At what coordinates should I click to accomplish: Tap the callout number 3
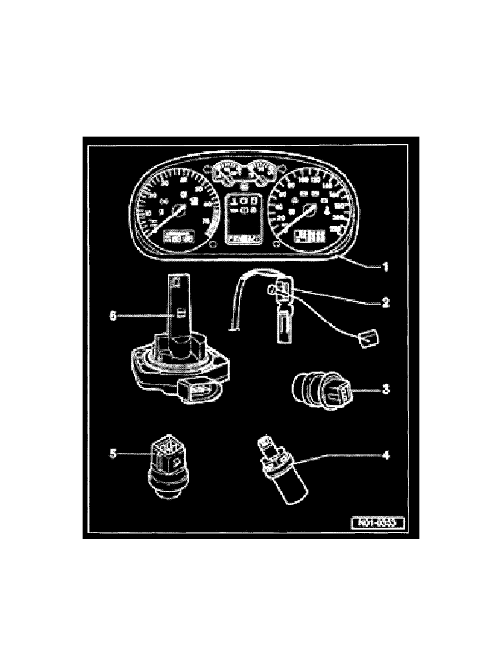[x=386, y=390]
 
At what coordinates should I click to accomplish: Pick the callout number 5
[x=114, y=453]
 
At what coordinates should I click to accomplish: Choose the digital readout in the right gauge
[x=310, y=237]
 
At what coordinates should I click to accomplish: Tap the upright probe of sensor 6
[x=176, y=311]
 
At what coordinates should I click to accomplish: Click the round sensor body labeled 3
[x=314, y=390]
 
